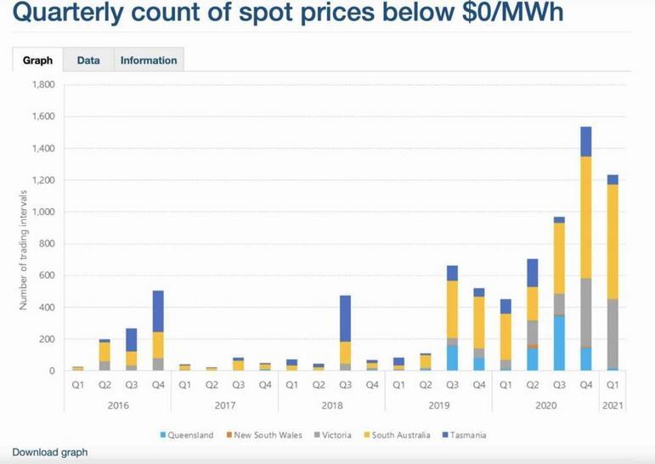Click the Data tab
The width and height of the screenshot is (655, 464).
coord(88,60)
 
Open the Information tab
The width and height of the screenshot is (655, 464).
coord(149,60)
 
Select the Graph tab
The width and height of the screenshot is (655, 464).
coord(37,60)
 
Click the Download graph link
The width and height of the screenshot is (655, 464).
coord(50,452)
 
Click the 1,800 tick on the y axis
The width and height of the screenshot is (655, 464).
coord(43,85)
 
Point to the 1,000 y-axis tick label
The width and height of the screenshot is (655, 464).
coord(43,212)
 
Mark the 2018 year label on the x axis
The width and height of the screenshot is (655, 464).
coord(332,405)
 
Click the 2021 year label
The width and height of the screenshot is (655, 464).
coord(612,405)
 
